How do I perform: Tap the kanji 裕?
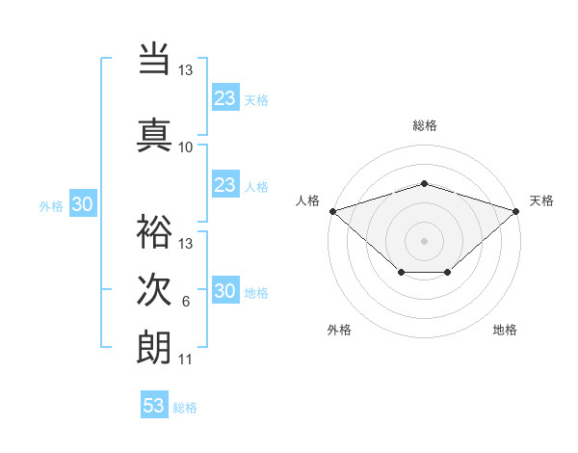click(x=154, y=229)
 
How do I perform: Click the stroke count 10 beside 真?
click(x=186, y=147)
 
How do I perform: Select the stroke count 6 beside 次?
click(x=186, y=303)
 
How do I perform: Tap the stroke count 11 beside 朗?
click(x=186, y=360)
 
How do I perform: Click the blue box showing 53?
click(x=154, y=406)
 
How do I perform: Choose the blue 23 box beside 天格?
click(x=224, y=97)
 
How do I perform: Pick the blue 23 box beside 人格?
click(x=224, y=185)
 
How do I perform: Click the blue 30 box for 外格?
click(x=83, y=204)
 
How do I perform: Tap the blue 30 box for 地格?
click(x=224, y=291)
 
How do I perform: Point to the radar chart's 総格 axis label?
click(x=425, y=125)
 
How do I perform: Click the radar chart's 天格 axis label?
click(x=541, y=200)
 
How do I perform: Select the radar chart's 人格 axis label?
click(x=308, y=200)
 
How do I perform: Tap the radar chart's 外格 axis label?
click(x=339, y=330)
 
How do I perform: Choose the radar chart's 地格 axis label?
click(x=505, y=330)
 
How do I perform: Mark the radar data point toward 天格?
click(x=516, y=210)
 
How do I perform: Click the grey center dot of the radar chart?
click(x=424, y=240)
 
